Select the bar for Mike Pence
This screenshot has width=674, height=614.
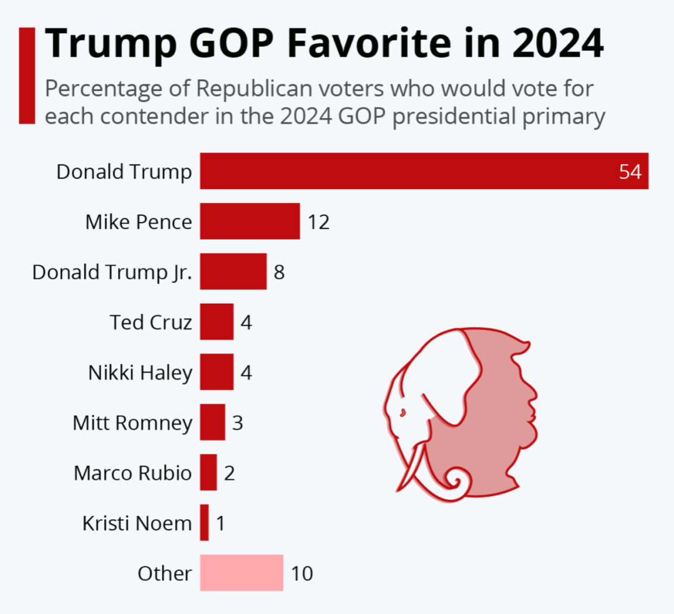pyautogui.click(x=250, y=222)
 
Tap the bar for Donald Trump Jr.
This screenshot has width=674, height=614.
pyautogui.click(x=233, y=271)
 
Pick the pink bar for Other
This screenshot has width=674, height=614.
pyautogui.click(x=242, y=573)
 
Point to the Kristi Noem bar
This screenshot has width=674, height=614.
pyautogui.click(x=204, y=523)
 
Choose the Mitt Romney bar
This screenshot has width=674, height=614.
pyautogui.click(x=212, y=422)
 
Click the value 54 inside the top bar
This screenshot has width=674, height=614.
pyautogui.click(x=630, y=172)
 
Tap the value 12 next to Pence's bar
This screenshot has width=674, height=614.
pyautogui.click(x=318, y=222)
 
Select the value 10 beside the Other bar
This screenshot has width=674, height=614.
pyautogui.click(x=301, y=573)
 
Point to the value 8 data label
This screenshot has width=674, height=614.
pyautogui.click(x=279, y=272)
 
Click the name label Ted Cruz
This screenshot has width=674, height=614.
pyautogui.click(x=150, y=322)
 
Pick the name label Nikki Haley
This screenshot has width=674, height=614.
pyautogui.click(x=140, y=373)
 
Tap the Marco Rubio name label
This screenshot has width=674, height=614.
pyautogui.click(x=132, y=473)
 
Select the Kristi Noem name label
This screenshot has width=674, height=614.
pyautogui.click(x=137, y=523)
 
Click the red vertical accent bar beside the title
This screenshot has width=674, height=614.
pyautogui.click(x=27, y=76)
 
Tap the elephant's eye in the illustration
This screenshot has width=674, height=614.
pyautogui.click(x=402, y=412)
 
